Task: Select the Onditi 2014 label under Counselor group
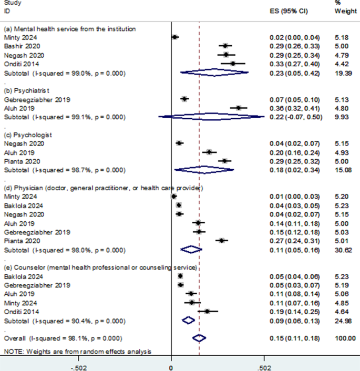20,311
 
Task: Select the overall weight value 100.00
344,338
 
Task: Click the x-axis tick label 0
171,367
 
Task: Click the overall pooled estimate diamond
199,338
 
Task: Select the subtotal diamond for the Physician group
191,249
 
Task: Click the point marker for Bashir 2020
225,46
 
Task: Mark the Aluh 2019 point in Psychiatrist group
238,108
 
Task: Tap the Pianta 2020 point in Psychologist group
224,161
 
